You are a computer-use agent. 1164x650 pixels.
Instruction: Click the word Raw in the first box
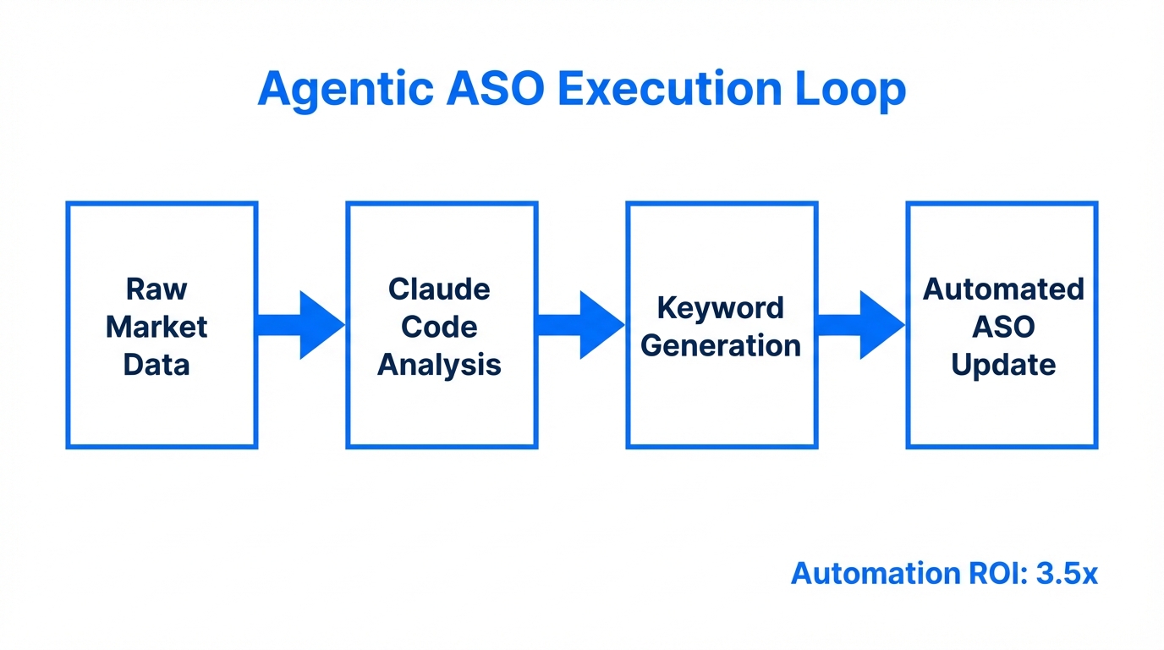pos(156,289)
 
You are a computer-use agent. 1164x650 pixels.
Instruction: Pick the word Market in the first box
pos(156,327)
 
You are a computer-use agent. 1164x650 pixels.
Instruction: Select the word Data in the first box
pos(156,365)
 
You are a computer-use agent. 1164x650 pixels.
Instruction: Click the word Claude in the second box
pos(439,289)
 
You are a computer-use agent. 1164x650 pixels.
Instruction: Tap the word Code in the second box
pos(439,327)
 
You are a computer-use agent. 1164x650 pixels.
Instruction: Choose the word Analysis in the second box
pos(439,365)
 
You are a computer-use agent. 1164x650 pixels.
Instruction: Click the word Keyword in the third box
pos(721,308)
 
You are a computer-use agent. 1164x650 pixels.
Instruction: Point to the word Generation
pos(721,345)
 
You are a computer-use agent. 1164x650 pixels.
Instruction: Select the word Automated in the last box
pos(1003,289)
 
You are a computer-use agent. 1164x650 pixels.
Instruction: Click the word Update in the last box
pos(1003,365)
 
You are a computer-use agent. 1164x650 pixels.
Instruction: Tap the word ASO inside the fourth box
pos(1003,327)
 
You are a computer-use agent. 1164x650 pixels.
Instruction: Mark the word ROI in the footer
pos(993,574)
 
